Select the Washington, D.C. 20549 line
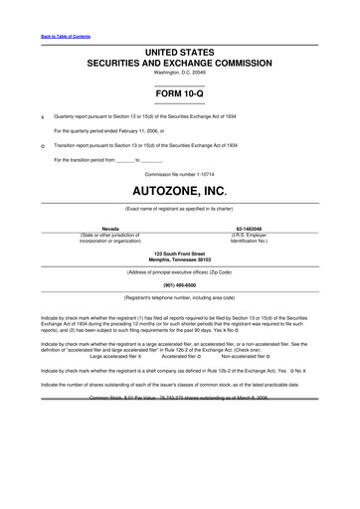pos(180,73)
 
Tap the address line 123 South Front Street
pos(180,254)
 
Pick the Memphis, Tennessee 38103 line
pos(180,259)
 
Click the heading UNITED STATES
pos(180,51)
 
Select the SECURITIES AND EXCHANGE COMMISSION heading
pos(180,62)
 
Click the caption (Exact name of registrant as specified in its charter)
pos(180,209)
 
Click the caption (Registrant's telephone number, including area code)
pos(180,297)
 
